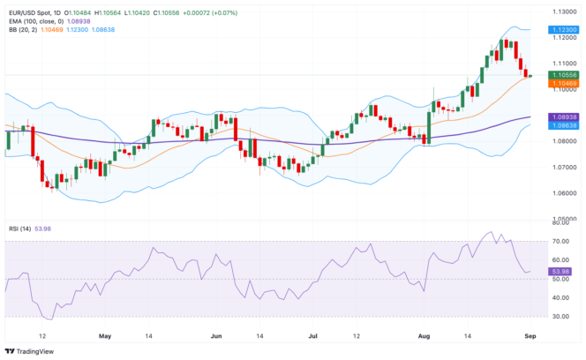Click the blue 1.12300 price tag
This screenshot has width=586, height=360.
[x=562, y=29]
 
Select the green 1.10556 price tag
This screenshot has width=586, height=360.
[x=562, y=75]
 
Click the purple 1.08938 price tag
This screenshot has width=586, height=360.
[x=562, y=117]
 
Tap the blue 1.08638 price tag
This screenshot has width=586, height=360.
[x=562, y=126]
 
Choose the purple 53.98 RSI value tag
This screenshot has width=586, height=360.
[x=560, y=271]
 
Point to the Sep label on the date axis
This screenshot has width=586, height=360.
[x=527, y=336]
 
